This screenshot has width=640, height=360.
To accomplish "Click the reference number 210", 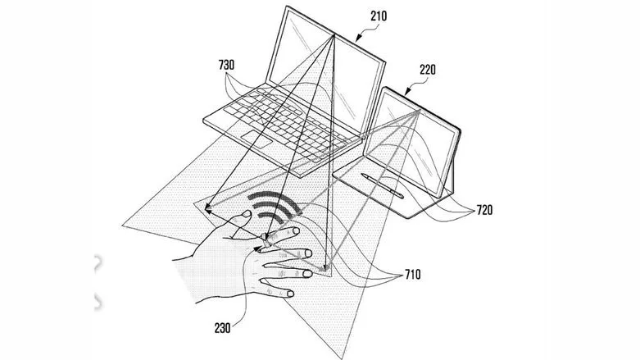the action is pos(379,16).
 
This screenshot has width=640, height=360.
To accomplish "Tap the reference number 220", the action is pos(428,70).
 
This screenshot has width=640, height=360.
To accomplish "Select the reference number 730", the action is pos(226,65).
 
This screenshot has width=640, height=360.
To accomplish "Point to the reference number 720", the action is pos(484,210).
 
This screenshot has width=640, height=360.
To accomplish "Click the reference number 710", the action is pos(413,274).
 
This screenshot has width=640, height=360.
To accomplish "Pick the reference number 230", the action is pos(222,328).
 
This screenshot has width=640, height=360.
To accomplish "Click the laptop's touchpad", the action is pos(256,139).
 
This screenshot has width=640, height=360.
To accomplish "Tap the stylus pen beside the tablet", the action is pos(383,185).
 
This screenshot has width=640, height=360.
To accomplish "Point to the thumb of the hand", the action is pos(240,223).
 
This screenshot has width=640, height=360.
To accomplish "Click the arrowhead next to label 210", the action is pos(358,39).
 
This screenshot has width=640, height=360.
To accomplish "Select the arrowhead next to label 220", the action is pos(406,93).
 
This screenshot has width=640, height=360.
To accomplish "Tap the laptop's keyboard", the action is pos(282,122).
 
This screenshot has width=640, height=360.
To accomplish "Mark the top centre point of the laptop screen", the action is pos(334,35).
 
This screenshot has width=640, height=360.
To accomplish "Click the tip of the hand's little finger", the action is pos(291,294).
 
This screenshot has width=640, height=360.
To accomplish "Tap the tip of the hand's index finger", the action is pos(296,231).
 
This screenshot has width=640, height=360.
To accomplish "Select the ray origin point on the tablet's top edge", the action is pos(419,111).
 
